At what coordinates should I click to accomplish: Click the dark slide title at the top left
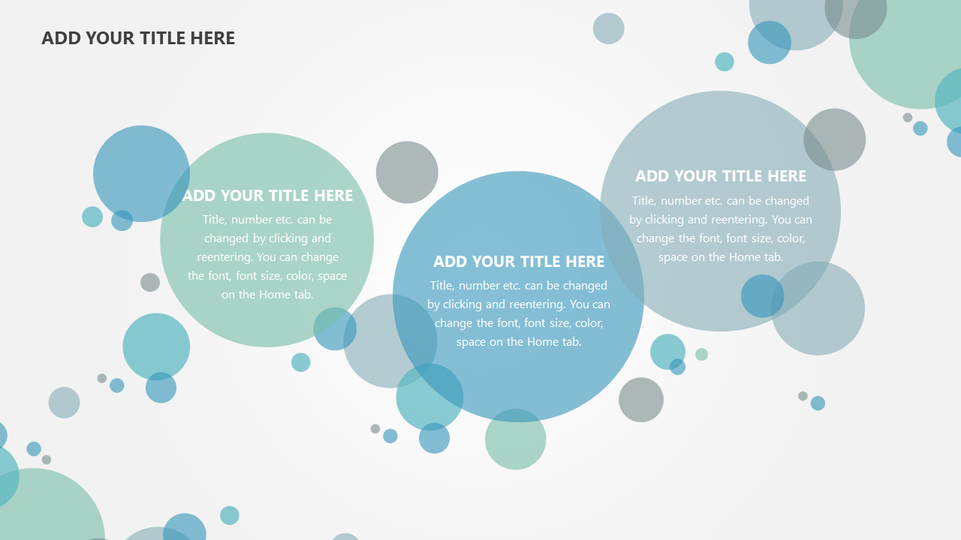[x=138, y=38]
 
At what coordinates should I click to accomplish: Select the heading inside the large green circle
[x=268, y=196]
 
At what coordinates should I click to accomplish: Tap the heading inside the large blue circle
[x=519, y=262]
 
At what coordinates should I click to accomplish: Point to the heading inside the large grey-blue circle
[x=721, y=176]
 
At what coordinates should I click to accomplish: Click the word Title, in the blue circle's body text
[x=442, y=286]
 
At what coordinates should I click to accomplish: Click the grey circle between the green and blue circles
[x=407, y=172]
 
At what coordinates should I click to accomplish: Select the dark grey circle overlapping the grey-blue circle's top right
[x=834, y=139]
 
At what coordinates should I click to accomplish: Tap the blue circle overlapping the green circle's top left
[x=141, y=173]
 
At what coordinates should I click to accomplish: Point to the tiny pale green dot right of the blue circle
[x=701, y=355]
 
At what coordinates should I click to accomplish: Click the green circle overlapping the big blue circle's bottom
[x=515, y=439]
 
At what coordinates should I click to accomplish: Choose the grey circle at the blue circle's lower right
[x=641, y=400]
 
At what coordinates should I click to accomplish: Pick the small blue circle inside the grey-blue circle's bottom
[x=762, y=296]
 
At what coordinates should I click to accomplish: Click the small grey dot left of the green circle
[x=150, y=283]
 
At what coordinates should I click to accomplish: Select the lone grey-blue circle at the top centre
[x=608, y=28]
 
